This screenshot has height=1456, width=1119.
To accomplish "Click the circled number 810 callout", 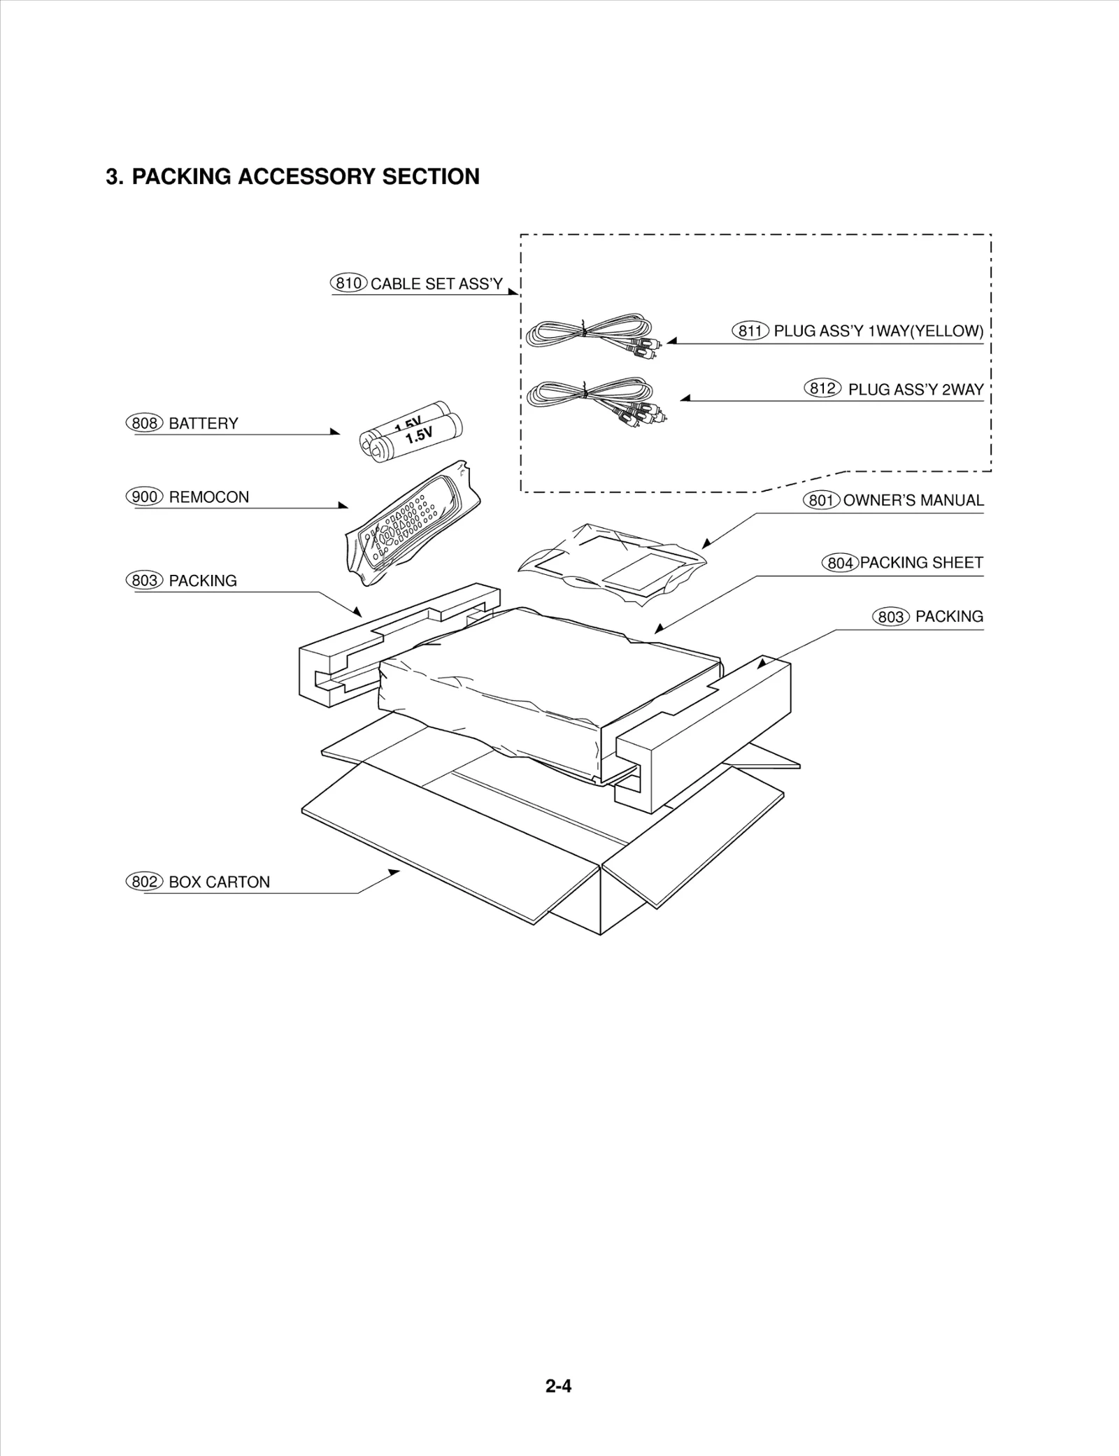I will [348, 283].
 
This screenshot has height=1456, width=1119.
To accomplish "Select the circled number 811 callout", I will [750, 331].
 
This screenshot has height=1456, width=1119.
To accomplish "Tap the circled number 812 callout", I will [822, 388].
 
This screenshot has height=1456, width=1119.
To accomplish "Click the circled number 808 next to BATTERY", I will [144, 423].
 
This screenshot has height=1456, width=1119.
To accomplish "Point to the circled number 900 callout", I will [144, 497].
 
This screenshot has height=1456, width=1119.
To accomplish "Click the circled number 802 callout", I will [144, 882].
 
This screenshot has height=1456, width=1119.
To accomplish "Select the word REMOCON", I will [208, 497].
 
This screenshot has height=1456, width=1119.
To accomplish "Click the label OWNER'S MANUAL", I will [913, 501].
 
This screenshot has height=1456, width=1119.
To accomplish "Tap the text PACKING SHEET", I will [921, 563].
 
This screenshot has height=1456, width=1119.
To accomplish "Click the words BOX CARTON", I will [219, 883].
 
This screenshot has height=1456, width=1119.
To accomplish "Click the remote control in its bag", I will [413, 524].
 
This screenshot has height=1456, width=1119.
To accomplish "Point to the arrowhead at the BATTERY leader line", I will [335, 432].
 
